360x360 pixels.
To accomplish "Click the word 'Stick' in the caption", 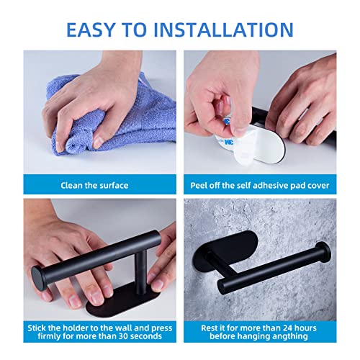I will click(x=40, y=327).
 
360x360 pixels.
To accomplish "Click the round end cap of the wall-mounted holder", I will click(x=323, y=254).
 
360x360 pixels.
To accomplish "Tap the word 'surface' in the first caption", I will click(x=111, y=185).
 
